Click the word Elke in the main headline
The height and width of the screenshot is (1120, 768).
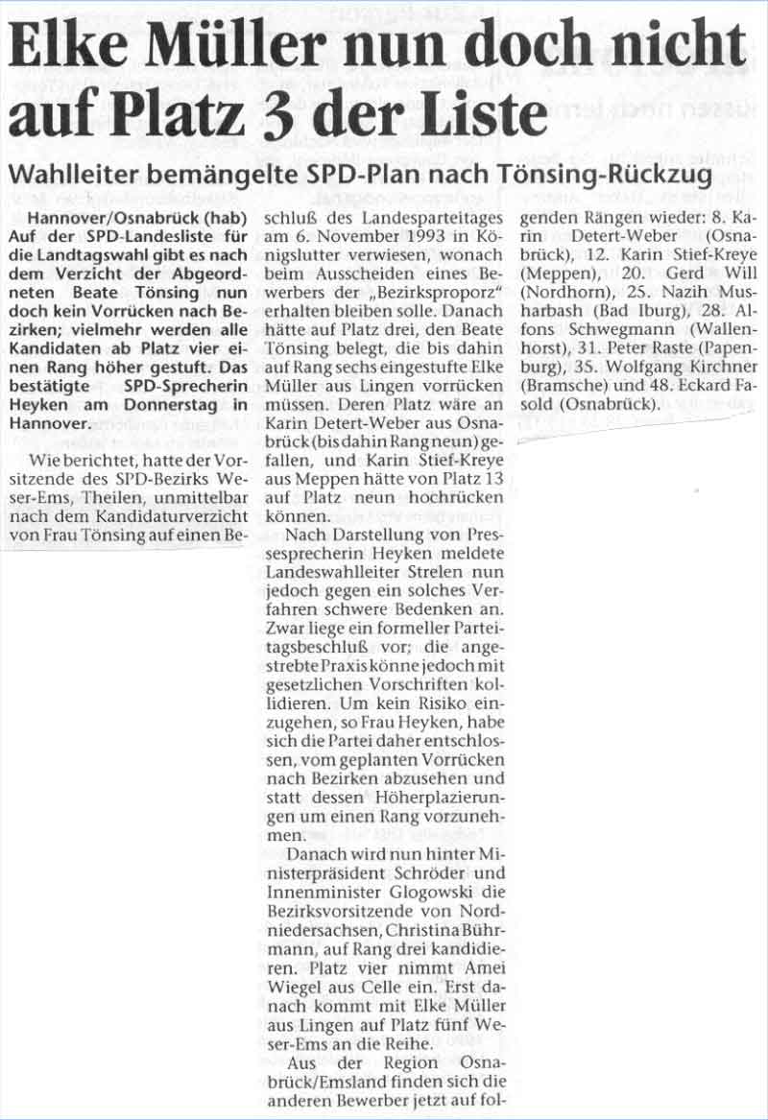pos(70,48)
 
